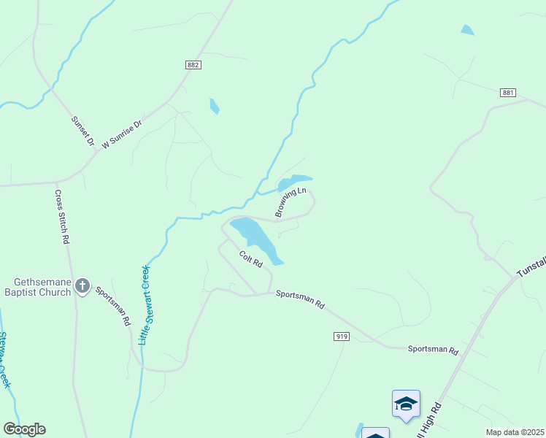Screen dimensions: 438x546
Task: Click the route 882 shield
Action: (x=193, y=65)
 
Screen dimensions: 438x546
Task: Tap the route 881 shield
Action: (x=509, y=93)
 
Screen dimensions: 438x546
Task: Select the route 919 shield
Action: (x=340, y=337)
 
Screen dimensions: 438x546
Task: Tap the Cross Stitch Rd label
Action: (x=62, y=217)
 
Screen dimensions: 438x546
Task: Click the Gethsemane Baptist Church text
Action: (x=42, y=287)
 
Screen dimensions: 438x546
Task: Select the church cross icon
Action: (x=82, y=287)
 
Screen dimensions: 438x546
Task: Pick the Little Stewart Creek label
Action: (x=145, y=304)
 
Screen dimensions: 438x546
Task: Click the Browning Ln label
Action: (x=291, y=202)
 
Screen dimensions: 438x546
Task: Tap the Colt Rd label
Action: (x=250, y=259)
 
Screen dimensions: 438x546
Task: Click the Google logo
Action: (x=24, y=429)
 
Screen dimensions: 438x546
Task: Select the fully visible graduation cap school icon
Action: (x=406, y=404)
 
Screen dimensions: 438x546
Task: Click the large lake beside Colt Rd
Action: (x=255, y=239)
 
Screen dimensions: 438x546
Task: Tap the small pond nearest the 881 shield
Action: (x=467, y=30)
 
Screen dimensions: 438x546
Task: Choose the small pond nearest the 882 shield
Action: (x=214, y=106)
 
